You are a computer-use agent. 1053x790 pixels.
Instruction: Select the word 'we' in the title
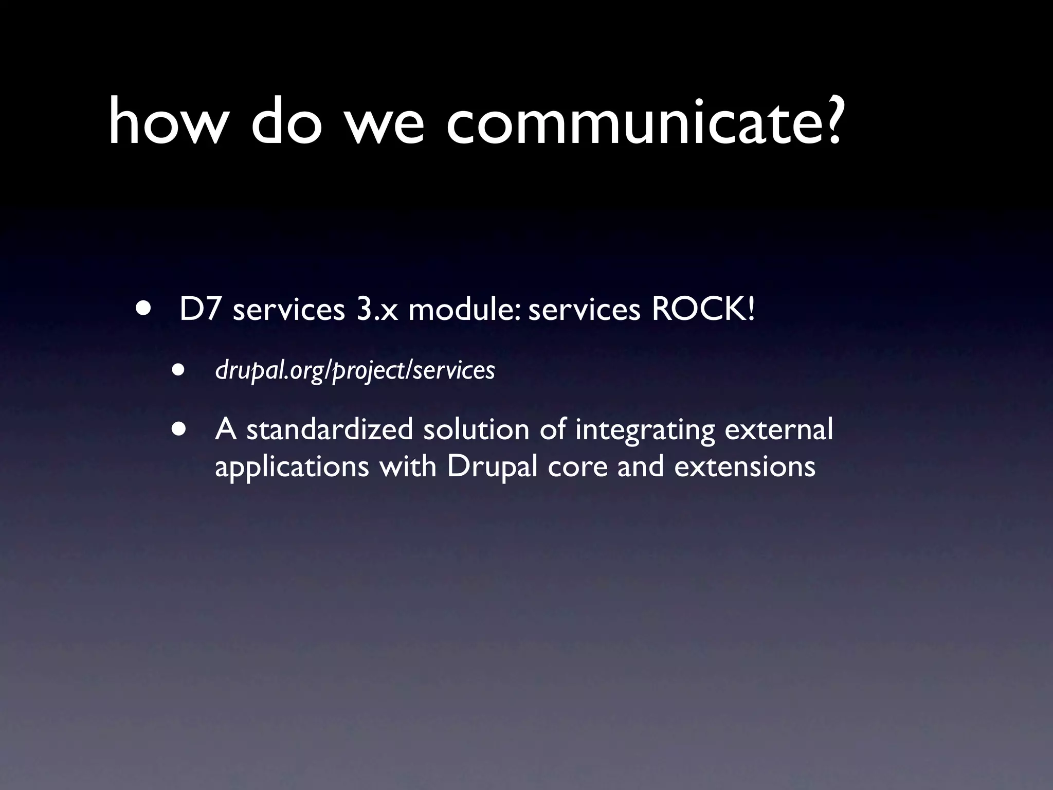pyautogui.click(x=386, y=126)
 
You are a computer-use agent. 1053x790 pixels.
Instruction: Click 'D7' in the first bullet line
pyautogui.click(x=200, y=310)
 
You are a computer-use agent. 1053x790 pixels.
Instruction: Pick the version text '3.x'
pyautogui.click(x=377, y=310)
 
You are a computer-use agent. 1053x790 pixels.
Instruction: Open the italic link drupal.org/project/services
pyautogui.click(x=355, y=369)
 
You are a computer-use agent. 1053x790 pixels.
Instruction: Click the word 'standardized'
pyautogui.click(x=330, y=429)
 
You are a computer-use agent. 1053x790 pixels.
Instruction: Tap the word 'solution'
pyautogui.click(x=476, y=429)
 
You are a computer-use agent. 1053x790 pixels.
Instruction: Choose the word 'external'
pyautogui.click(x=778, y=429)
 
